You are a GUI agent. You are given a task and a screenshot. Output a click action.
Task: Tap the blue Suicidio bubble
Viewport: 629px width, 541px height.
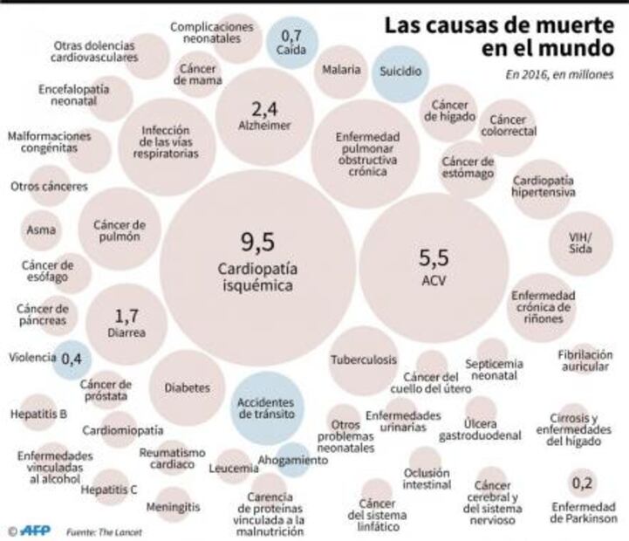point(401,69)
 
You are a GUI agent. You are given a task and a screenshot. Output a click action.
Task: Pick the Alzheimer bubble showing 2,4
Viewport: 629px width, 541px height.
point(264,117)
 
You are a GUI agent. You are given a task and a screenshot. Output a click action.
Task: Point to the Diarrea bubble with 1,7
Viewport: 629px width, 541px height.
point(126,323)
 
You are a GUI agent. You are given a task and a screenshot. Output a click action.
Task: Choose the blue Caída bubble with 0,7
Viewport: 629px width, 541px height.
point(292,41)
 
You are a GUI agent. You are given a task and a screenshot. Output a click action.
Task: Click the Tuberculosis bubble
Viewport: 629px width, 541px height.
point(363,360)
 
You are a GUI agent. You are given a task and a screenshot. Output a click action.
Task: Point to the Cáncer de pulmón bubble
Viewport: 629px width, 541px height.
point(118,231)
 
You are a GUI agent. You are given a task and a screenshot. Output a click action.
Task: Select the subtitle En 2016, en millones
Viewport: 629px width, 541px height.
point(558,75)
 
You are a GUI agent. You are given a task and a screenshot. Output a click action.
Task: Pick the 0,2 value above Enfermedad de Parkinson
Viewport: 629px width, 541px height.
point(584,481)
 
